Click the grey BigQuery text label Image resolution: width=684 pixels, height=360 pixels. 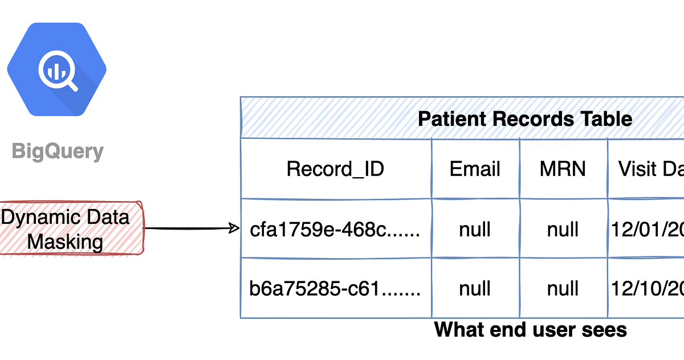(x=58, y=152)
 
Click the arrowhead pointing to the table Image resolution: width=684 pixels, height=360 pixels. (x=234, y=229)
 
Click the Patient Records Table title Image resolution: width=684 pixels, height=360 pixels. (x=524, y=119)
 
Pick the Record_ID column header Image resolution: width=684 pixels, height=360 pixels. (x=335, y=169)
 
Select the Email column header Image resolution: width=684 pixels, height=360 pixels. (x=475, y=169)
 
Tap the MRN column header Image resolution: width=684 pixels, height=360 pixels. (x=563, y=169)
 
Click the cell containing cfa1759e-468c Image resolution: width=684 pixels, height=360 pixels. (x=335, y=230)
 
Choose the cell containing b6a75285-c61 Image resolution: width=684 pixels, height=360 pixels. (x=335, y=289)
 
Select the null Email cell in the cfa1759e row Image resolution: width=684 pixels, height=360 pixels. (x=475, y=230)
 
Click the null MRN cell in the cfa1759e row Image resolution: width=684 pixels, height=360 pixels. (x=563, y=230)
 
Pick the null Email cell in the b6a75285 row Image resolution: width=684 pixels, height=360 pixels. (x=475, y=289)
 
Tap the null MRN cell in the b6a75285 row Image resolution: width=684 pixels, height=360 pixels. (x=563, y=289)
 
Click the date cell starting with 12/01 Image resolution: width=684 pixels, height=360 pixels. (x=647, y=230)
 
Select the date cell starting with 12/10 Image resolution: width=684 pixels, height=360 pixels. (x=647, y=289)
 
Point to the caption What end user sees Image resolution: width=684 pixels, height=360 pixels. (x=530, y=329)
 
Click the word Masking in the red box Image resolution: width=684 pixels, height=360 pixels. (x=65, y=242)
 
